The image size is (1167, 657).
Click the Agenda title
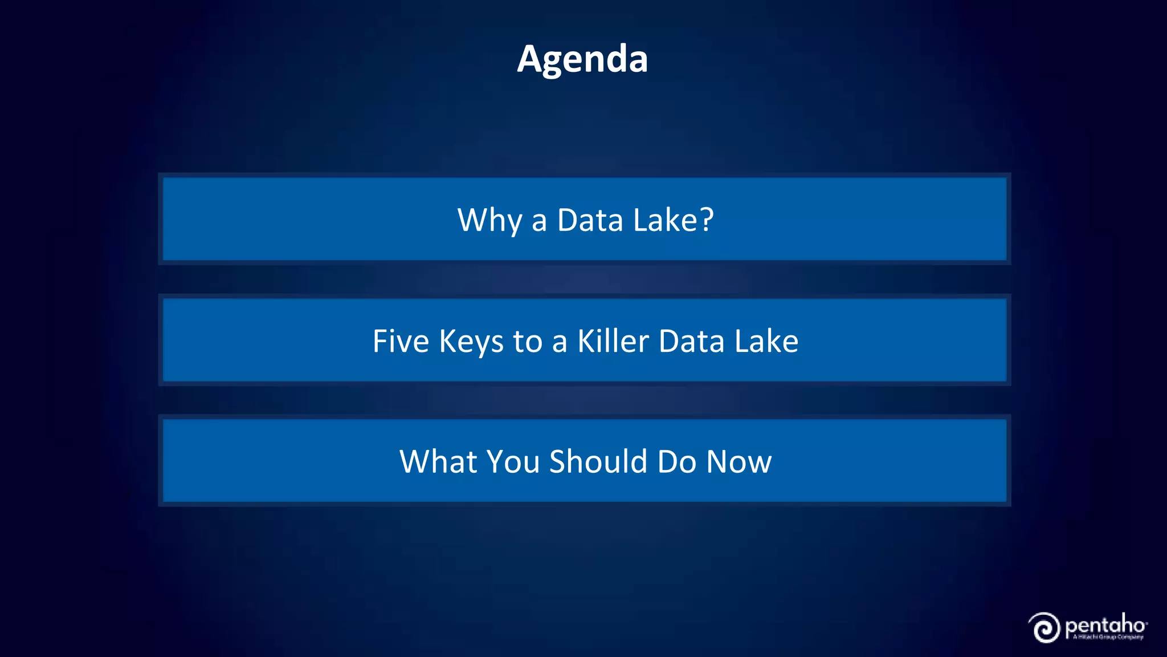coord(582,59)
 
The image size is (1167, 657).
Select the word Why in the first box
coord(489,220)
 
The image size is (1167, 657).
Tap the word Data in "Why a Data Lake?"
coord(590,220)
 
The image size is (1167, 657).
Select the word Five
coord(401,342)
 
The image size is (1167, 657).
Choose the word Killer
coord(613,342)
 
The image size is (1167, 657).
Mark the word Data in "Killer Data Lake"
coord(692,342)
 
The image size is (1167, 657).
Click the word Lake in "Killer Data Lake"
coord(766,342)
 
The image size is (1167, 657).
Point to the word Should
coord(598,461)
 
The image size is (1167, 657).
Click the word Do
coord(677,461)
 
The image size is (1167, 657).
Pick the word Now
coord(739,461)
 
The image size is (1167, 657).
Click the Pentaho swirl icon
coord(1045,628)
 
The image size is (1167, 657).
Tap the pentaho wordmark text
coord(1105,626)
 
